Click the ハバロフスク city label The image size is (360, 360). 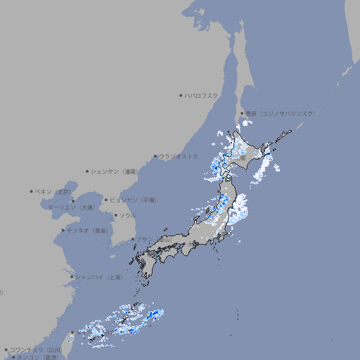202,95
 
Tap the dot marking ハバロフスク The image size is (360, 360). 181,95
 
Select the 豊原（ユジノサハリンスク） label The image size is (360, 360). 281,113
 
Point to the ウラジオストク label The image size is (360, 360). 179,156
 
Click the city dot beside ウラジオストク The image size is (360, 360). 155,156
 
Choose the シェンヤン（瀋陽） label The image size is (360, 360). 115,171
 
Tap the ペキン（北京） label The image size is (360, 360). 54,191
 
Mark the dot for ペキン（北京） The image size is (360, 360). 32,191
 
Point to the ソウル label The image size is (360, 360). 127,215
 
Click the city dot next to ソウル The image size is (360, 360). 115,215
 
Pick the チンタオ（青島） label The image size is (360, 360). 87,230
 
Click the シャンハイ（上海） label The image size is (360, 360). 98,277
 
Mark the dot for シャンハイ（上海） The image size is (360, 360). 72,277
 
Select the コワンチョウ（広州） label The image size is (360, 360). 35,349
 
